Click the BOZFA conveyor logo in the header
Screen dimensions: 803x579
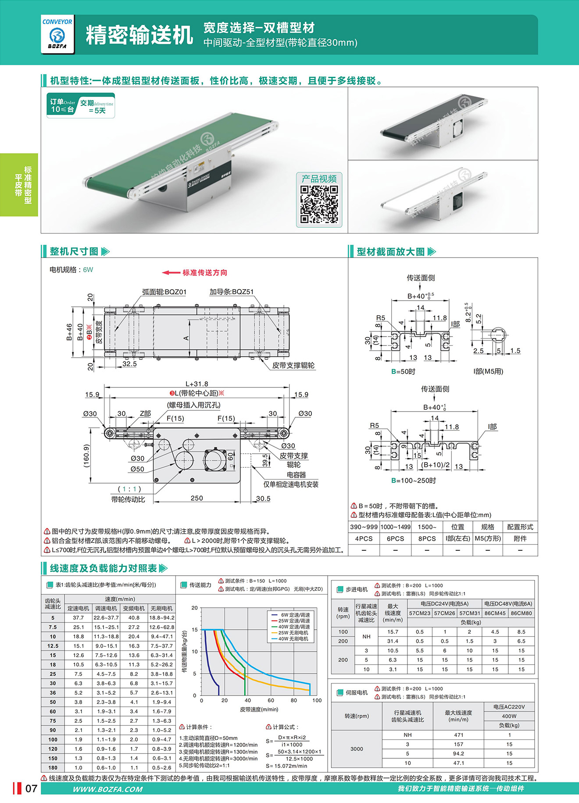pyautogui.click(x=57, y=34)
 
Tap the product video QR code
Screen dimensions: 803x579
pyautogui.click(x=319, y=204)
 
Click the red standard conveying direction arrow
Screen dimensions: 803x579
pyautogui.click(x=171, y=272)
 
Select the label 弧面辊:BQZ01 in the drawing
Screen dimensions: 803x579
pyautogui.click(x=164, y=292)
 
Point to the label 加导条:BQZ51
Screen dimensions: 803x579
pyautogui.click(x=231, y=292)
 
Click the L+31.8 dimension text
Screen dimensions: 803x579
pyautogui.click(x=197, y=384)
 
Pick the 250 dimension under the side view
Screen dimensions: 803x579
pyautogui.click(x=197, y=498)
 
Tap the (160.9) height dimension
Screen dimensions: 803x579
pyautogui.click(x=86, y=456)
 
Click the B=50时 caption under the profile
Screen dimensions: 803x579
pyautogui.click(x=403, y=372)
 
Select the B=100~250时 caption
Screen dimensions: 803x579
pyautogui.click(x=414, y=480)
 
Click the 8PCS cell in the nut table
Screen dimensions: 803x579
pyautogui.click(x=427, y=538)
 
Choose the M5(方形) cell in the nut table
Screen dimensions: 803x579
pyautogui.click(x=488, y=538)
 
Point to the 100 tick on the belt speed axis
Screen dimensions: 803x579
pyautogui.click(x=317, y=700)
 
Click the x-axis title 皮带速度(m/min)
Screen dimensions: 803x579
pyautogui.click(x=259, y=709)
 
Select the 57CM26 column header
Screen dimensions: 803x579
pyautogui.click(x=445, y=613)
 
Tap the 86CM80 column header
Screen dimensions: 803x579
pyautogui.click(x=521, y=613)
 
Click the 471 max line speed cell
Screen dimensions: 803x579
pyautogui.click(x=458, y=735)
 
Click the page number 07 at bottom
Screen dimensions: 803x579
pyautogui.click(x=31, y=789)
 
